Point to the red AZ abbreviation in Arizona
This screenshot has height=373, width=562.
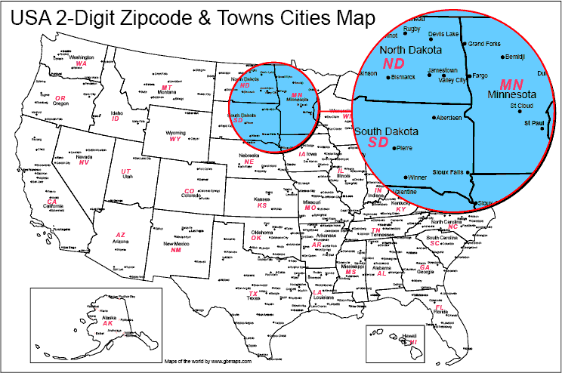click(x=120, y=235)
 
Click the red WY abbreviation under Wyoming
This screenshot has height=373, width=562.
click(x=175, y=139)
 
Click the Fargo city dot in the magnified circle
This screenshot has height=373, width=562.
click(x=465, y=76)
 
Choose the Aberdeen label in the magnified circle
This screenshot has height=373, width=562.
click(x=449, y=118)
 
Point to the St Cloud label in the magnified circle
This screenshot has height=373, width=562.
click(x=522, y=106)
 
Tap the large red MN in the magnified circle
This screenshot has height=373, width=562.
click(x=517, y=82)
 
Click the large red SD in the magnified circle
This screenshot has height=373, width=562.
click(x=378, y=142)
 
